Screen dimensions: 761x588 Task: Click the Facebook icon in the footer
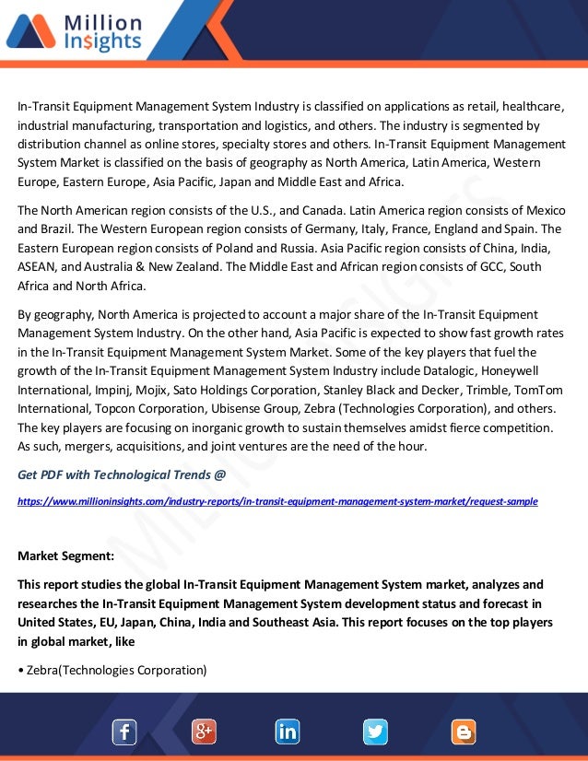124,732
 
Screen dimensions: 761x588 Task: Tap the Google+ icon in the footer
204,732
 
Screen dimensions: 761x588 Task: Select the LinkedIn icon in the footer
288,732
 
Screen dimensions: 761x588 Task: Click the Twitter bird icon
375,732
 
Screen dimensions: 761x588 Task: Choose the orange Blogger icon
464,732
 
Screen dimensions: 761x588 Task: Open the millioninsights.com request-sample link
277,501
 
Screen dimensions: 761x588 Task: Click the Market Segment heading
66,556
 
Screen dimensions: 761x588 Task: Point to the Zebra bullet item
112,669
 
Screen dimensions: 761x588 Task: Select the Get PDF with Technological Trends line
122,475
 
